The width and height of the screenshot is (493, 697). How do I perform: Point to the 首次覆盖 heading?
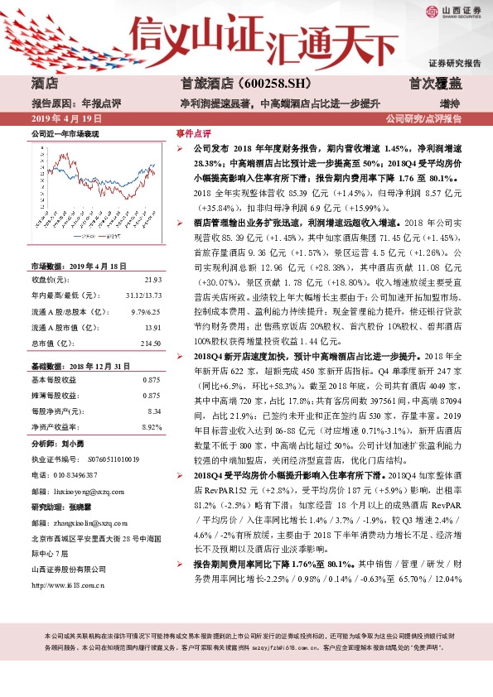click(436, 84)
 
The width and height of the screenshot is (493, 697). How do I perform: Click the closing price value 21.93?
click(152, 279)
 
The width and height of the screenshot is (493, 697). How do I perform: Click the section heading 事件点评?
click(194, 133)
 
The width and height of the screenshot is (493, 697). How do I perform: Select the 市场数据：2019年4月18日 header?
click(80, 267)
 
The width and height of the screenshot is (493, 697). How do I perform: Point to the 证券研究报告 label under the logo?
click(454, 63)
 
